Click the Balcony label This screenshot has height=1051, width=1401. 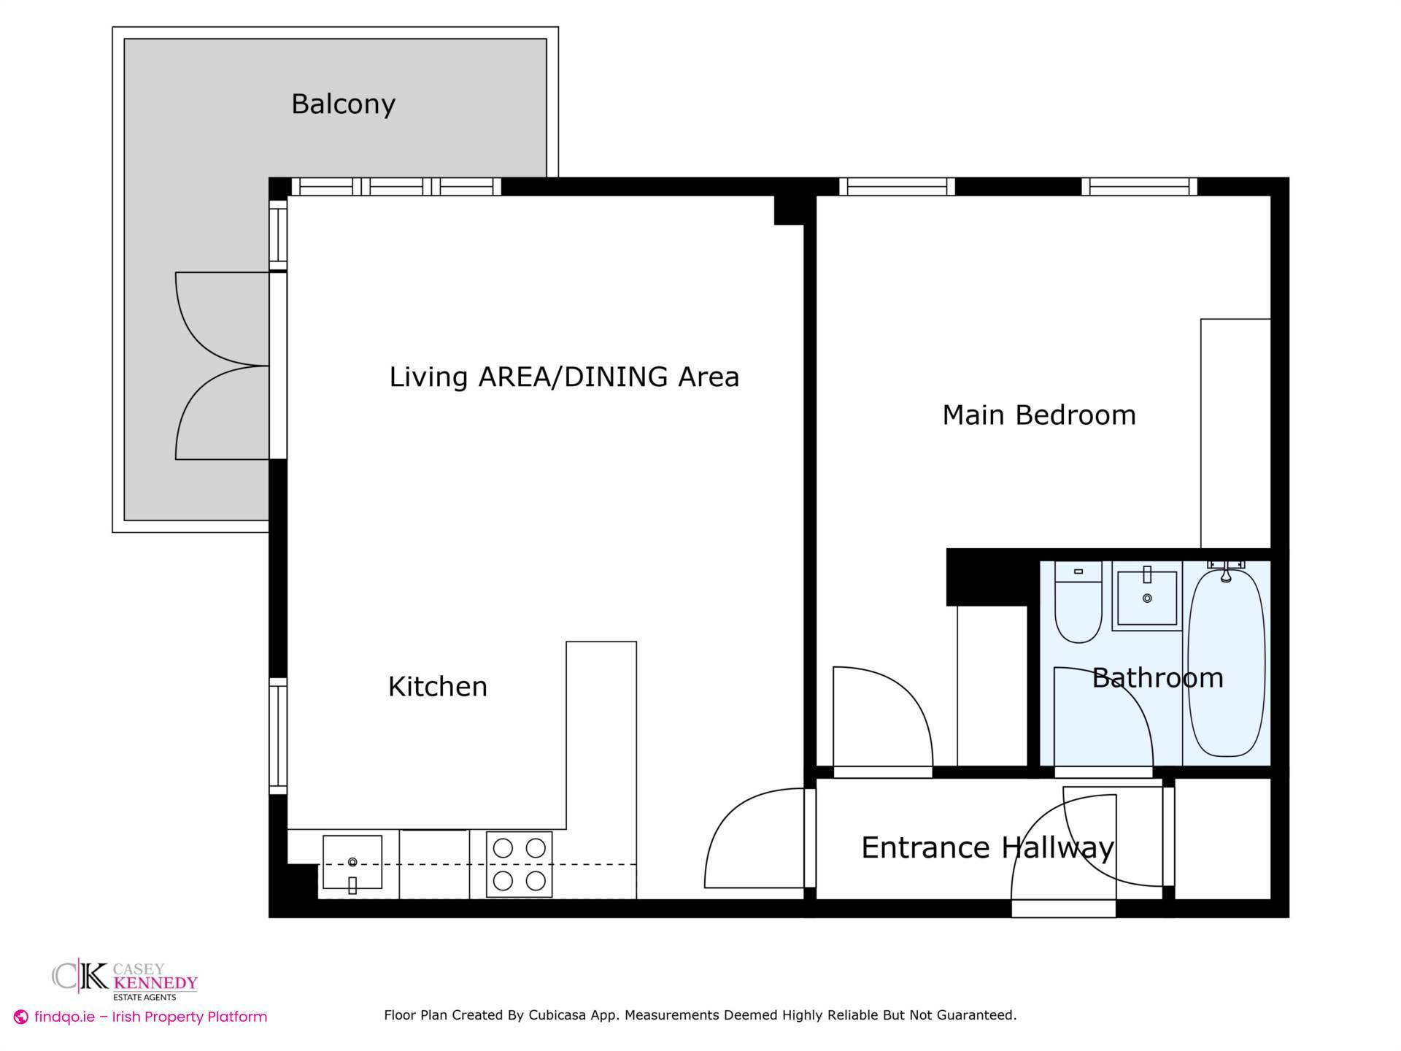(343, 104)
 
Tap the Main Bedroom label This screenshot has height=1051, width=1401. (1038, 415)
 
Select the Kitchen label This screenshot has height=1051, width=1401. (437, 687)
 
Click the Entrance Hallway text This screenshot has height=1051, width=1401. (987, 848)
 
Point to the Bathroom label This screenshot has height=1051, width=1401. (1157, 678)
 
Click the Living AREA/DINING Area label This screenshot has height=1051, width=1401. (564, 377)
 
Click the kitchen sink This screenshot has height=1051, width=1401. (352, 863)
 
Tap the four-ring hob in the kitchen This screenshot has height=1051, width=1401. (519, 865)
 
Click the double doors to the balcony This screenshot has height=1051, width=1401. (223, 366)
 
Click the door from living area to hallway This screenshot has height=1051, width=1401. (755, 839)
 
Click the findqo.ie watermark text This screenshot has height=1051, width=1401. (150, 1017)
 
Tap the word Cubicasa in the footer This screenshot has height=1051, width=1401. (560, 1015)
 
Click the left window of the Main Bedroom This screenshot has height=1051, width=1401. (897, 187)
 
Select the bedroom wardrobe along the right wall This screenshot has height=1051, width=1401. (1235, 434)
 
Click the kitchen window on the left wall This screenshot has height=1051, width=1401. (278, 736)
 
